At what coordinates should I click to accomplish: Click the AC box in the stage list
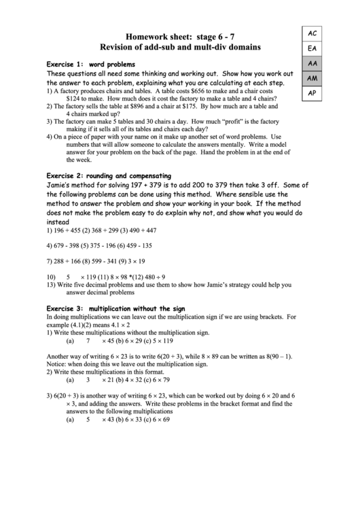point(312,33)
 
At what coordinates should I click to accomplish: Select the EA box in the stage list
point(312,48)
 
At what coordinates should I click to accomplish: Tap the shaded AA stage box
point(312,63)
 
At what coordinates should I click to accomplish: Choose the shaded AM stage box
point(312,78)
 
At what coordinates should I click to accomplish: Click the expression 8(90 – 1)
point(270,355)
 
